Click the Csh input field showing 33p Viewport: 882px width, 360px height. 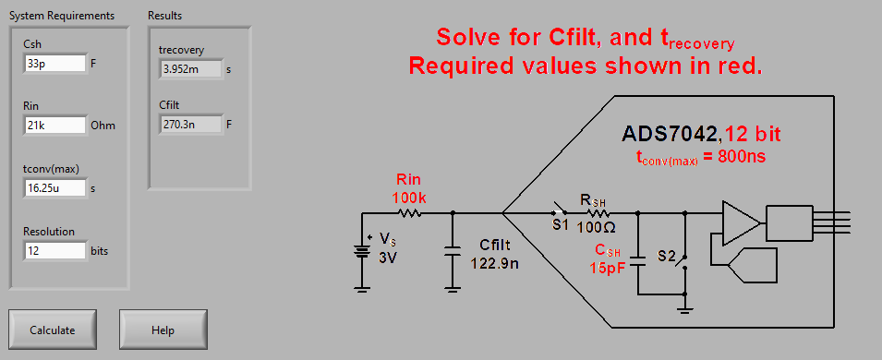(54, 64)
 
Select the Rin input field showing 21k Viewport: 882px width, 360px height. (54, 126)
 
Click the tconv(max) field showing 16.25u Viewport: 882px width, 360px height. (54, 187)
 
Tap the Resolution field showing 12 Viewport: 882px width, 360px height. (54, 249)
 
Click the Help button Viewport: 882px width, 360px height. (163, 330)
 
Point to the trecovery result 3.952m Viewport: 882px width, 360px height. (191, 68)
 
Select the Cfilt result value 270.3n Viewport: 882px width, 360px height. (191, 124)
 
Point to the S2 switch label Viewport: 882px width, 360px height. (666, 254)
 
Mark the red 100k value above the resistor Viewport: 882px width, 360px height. (409, 196)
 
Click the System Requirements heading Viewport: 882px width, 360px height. (62, 16)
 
